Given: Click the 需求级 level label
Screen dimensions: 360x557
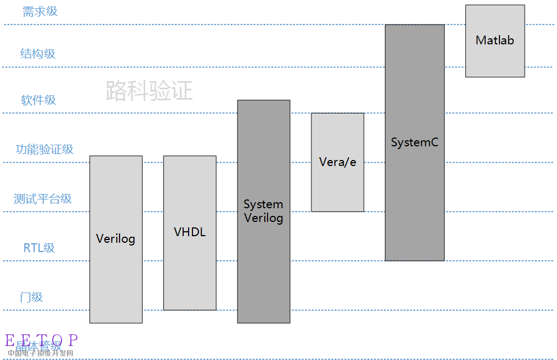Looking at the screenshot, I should pos(39,12).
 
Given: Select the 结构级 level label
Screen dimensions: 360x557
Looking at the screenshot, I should pos(38,54).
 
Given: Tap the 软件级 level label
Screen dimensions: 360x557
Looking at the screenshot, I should pos(38,100).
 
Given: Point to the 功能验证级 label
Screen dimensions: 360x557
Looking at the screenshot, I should pos(44,150).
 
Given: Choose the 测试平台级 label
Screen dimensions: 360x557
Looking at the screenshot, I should pos(43,199).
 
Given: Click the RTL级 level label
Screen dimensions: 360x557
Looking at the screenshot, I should pos(39,248).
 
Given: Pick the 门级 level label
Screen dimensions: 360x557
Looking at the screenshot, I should pos(31,298).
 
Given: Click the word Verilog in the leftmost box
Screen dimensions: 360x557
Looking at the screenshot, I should pos(116,239).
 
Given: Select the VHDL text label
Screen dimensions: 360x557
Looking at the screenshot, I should pos(190,232).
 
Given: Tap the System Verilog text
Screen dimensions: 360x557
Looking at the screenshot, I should pos(264,211).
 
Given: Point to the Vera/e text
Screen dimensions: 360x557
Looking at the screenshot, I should pos(338,162).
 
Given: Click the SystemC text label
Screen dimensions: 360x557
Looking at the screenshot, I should pos(414,142).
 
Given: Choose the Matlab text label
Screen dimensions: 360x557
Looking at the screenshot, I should pos(495,40).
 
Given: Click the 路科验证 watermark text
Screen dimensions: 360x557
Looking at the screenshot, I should pos(149,90).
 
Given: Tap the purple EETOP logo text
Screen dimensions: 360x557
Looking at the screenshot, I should pos(42,340).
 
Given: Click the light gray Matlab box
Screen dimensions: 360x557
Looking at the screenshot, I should pos(495,60).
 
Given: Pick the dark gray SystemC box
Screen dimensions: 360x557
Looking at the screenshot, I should pos(414,208).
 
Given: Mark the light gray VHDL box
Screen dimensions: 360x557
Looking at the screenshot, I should pos(190,274).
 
